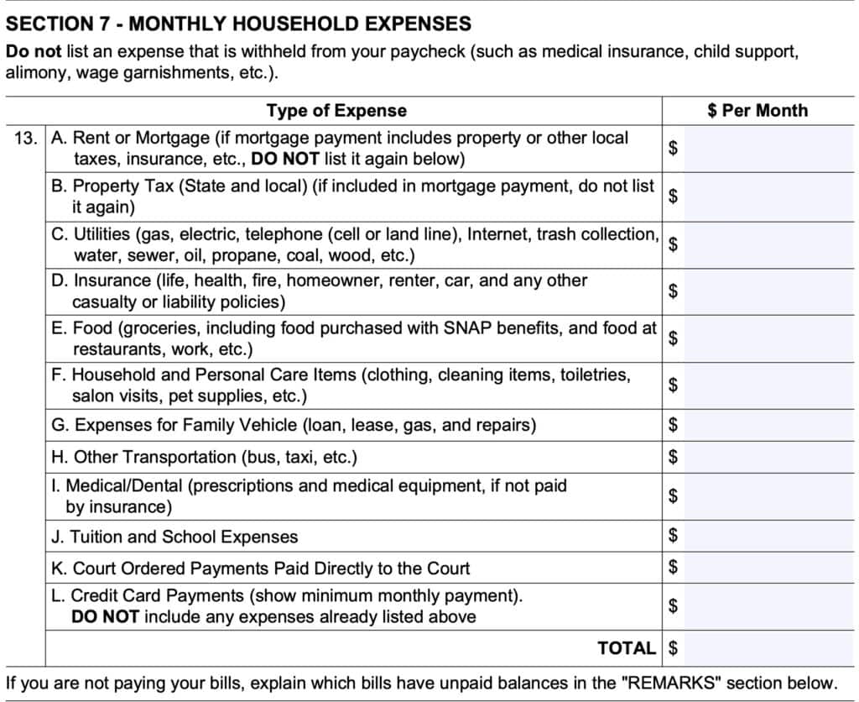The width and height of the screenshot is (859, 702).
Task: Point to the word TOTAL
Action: (627, 648)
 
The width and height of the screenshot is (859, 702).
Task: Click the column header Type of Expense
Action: (336, 110)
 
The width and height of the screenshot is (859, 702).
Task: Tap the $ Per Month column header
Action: (757, 110)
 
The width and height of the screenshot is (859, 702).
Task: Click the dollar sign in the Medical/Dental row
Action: (672, 496)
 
